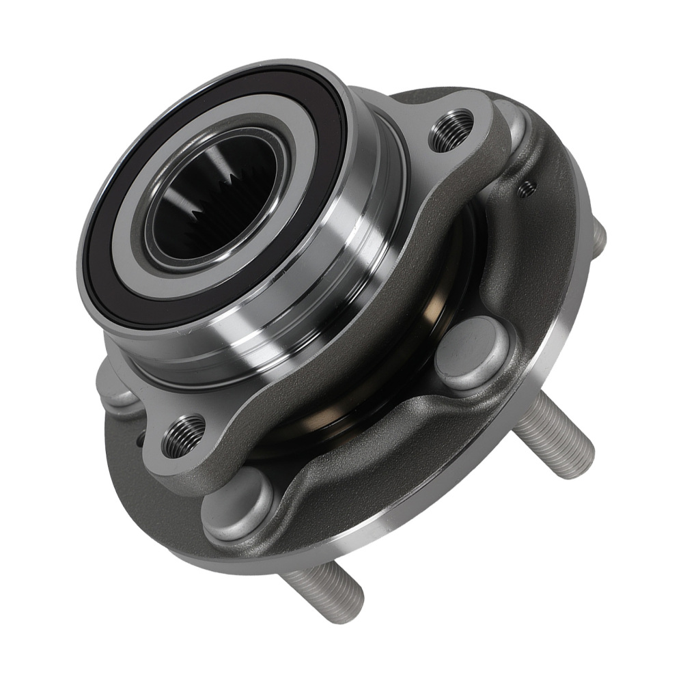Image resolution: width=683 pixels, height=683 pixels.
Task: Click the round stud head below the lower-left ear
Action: (236, 505)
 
